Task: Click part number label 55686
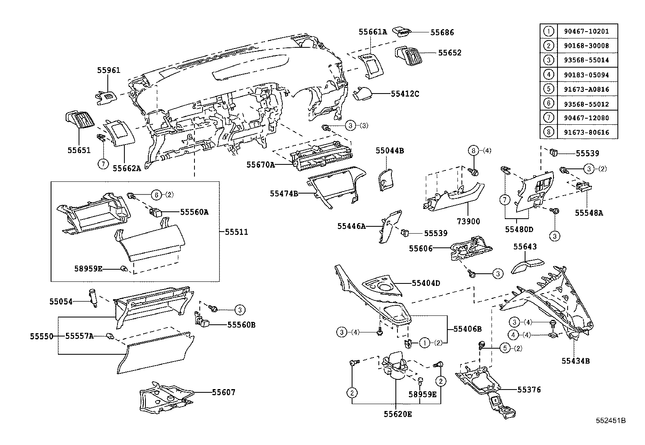pyautogui.click(x=442, y=32)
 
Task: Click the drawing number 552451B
pyautogui.click(x=611, y=421)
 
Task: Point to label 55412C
pyautogui.click(x=405, y=94)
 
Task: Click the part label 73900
pyautogui.click(x=468, y=221)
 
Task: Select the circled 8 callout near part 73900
pyautogui.click(x=473, y=151)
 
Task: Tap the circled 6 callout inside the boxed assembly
pyautogui.click(x=156, y=194)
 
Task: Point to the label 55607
pyautogui.click(x=223, y=392)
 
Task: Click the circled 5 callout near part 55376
pyautogui.click(x=505, y=347)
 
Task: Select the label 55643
pyautogui.click(x=525, y=247)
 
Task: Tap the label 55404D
pyautogui.click(x=426, y=283)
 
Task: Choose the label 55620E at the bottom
pyautogui.click(x=398, y=414)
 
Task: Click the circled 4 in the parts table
pyautogui.click(x=548, y=75)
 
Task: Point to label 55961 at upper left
pyautogui.click(x=109, y=70)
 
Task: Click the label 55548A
pyautogui.click(x=589, y=213)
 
